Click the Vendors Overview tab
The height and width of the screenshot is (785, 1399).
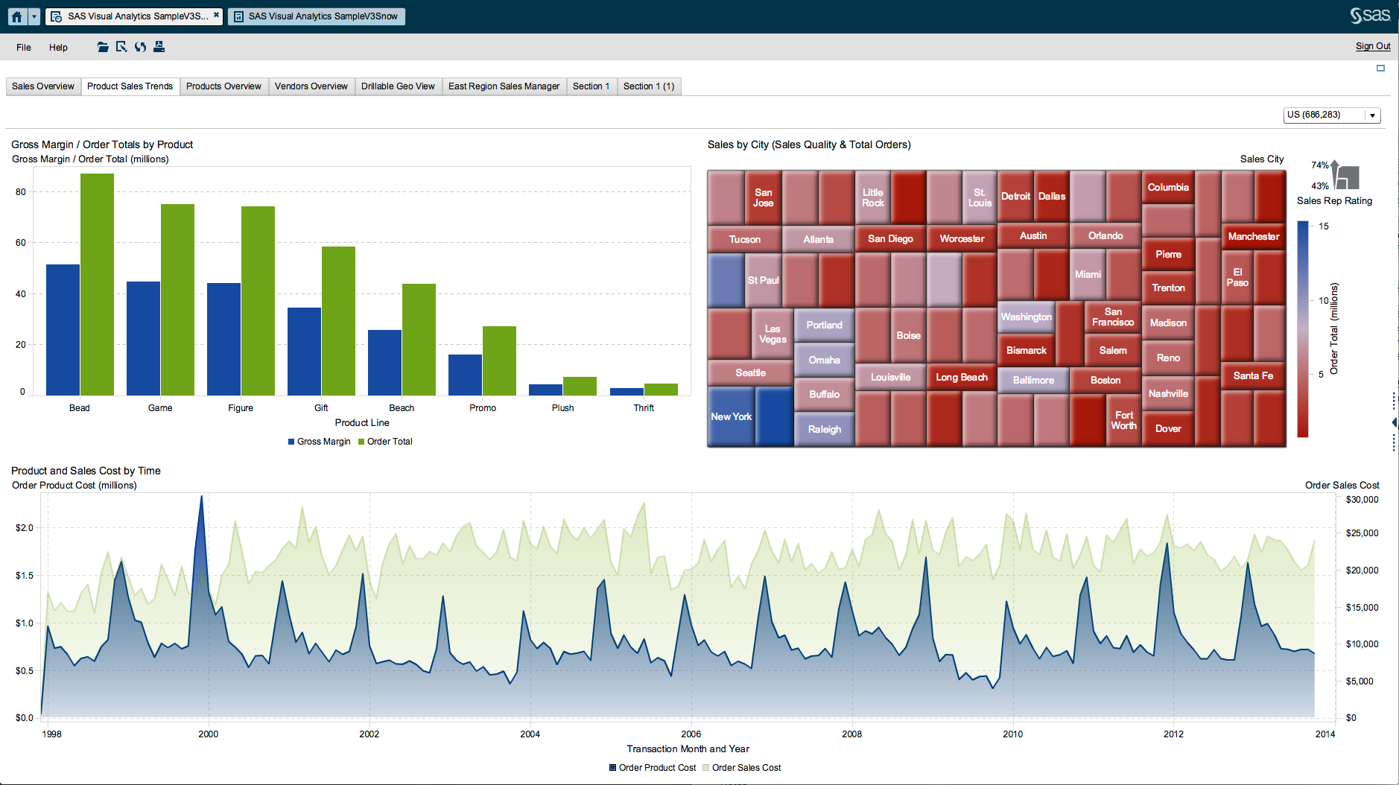point(311,86)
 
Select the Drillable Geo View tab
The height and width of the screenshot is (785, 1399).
point(398,86)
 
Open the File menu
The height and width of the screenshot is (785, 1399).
point(24,48)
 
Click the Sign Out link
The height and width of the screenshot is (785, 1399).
point(1372,46)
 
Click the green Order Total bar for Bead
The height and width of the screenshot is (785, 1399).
point(97,283)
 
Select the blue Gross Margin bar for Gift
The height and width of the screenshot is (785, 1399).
point(304,351)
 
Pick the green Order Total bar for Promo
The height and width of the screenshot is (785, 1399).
point(499,360)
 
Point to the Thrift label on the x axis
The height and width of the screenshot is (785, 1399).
point(644,408)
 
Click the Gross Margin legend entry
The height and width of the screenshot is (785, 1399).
point(320,442)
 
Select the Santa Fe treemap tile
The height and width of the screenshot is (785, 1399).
point(1253,376)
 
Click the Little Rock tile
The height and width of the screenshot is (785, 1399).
point(872,197)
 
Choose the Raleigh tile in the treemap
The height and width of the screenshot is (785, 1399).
point(824,430)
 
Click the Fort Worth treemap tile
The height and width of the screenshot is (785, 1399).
point(1123,421)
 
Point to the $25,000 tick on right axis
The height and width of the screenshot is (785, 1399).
point(1362,533)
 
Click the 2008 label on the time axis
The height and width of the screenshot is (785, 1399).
point(851,734)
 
